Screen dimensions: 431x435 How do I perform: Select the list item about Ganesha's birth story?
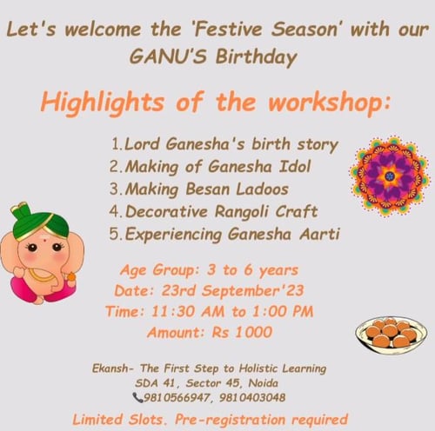224,143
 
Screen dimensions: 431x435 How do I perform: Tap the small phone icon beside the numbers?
137,396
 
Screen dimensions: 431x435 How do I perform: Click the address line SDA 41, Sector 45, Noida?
216,382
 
